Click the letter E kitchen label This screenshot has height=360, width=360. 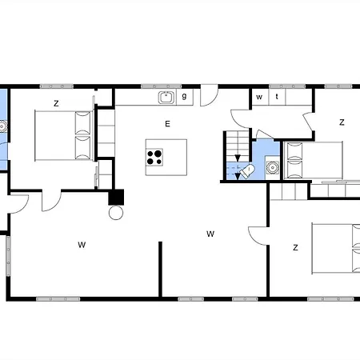pyautogui.click(x=167, y=124)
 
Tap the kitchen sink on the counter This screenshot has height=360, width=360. pyautogui.click(x=166, y=97)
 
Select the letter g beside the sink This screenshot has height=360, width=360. pyautogui.click(x=184, y=96)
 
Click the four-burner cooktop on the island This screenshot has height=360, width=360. pyautogui.click(x=154, y=157)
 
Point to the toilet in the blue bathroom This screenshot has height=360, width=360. pyautogui.click(x=246, y=171)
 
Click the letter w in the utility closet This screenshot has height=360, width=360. pyautogui.click(x=259, y=97)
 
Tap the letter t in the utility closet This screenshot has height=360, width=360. pyautogui.click(x=277, y=97)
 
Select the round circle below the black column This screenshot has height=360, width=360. pyautogui.click(x=116, y=213)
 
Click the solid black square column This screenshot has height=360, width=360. pyautogui.click(x=116, y=197)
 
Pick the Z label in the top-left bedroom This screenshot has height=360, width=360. pyautogui.click(x=56, y=103)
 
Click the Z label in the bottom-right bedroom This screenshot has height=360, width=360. pyautogui.click(x=295, y=248)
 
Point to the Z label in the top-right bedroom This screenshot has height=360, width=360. pyautogui.click(x=342, y=122)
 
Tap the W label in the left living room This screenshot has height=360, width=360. pyautogui.click(x=82, y=245)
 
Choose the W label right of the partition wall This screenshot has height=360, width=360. pyautogui.click(x=210, y=234)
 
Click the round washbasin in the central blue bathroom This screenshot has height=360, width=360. pyautogui.click(x=272, y=167)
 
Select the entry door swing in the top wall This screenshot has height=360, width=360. pyautogui.click(x=210, y=95)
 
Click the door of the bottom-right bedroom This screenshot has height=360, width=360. pyautogui.click(x=258, y=236)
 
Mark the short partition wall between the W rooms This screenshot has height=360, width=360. pyautogui.click(x=160, y=269)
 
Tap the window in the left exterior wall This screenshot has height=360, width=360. pyautogui.click(x=9, y=256)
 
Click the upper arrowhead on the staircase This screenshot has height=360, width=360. pyautogui.click(x=238, y=158)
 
